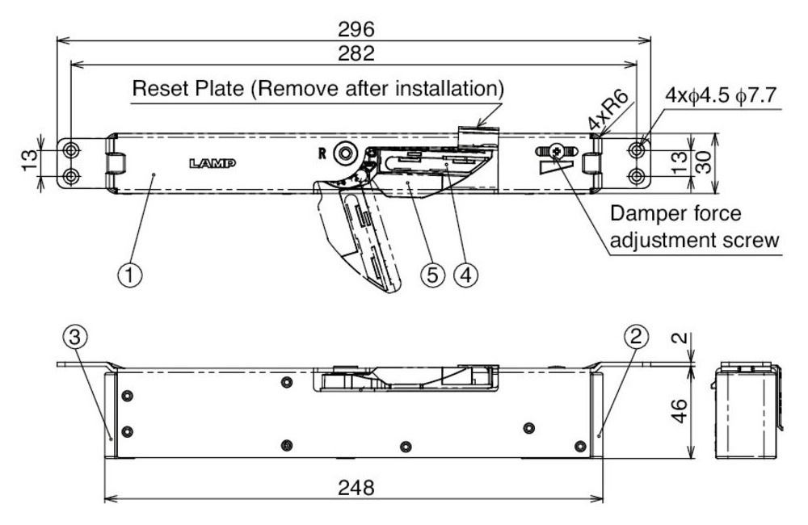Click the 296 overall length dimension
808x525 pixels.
click(356, 29)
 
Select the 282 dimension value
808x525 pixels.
click(356, 53)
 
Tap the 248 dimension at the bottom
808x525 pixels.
click(356, 487)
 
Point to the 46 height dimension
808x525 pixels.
click(680, 410)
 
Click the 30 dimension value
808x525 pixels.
click(704, 162)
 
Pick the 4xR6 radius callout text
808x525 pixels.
click(608, 111)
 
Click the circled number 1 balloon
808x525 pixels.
click(130, 275)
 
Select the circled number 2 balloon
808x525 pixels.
click(636, 337)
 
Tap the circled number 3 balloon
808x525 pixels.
click(75, 338)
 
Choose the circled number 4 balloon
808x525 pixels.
click(465, 275)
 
